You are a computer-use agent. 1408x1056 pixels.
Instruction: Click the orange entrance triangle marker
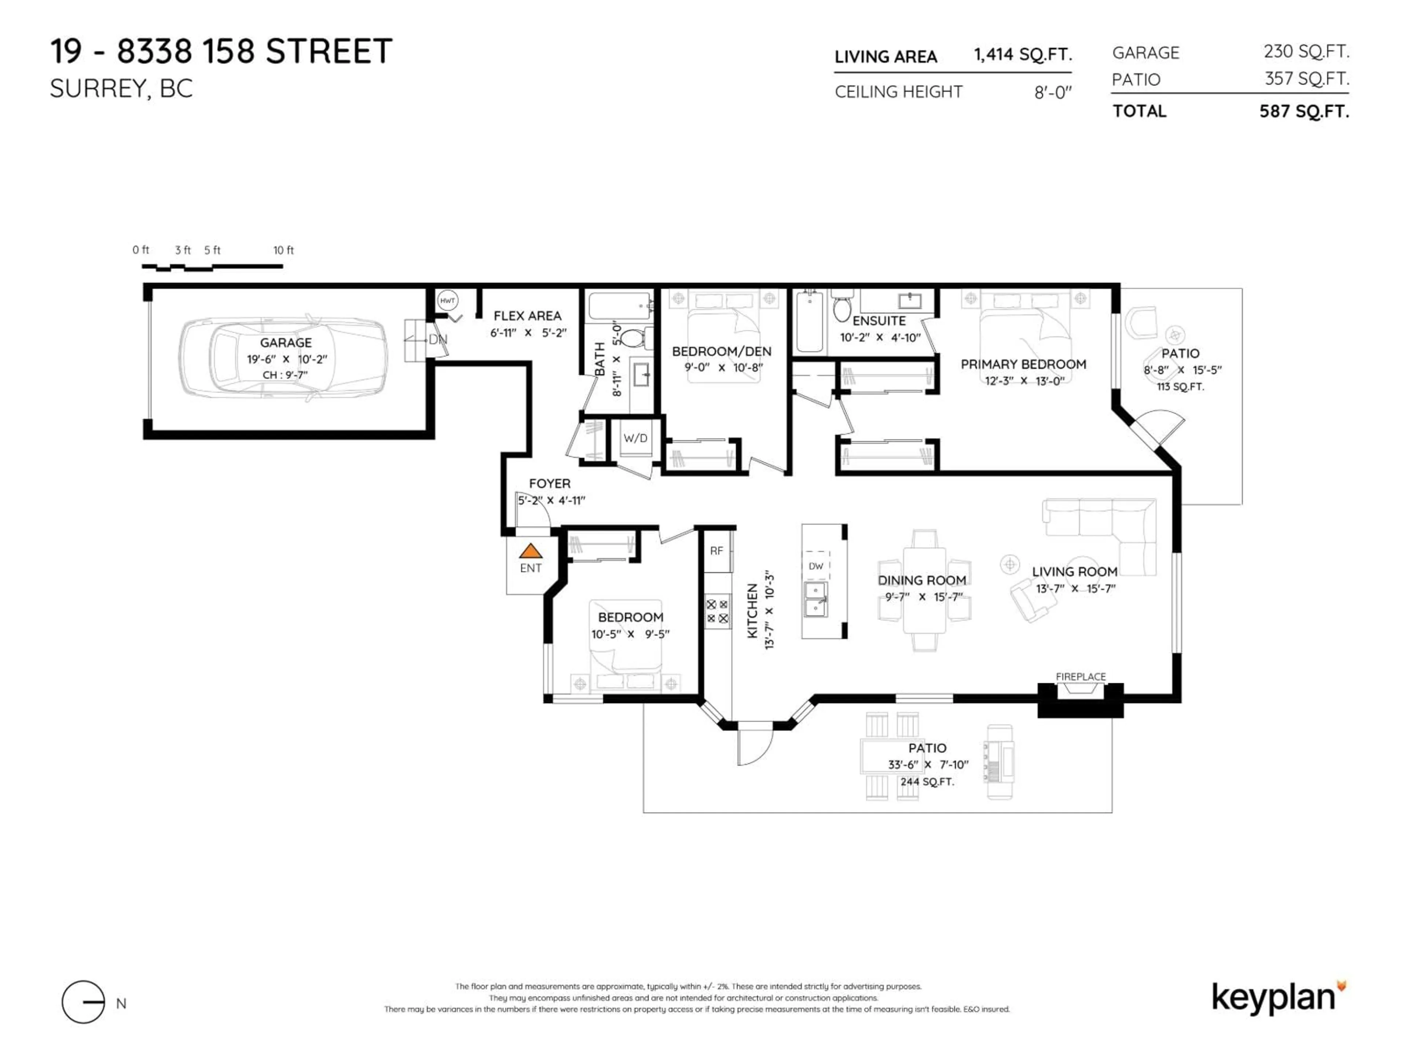[530, 551]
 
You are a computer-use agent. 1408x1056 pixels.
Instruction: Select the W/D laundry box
[635, 438]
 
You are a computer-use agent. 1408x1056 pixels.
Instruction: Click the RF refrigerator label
[717, 551]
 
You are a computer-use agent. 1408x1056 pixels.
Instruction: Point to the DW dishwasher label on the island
[816, 566]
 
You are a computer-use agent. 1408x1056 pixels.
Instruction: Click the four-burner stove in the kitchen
[717, 611]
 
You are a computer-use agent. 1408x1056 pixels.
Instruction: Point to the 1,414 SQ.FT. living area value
[1022, 55]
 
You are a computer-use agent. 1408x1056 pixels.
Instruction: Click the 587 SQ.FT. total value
[1303, 111]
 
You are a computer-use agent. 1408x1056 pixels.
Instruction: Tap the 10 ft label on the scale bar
[283, 250]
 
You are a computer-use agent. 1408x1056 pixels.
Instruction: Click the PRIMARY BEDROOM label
[1023, 364]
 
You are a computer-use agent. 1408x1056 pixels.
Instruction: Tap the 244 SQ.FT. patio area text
[927, 782]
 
